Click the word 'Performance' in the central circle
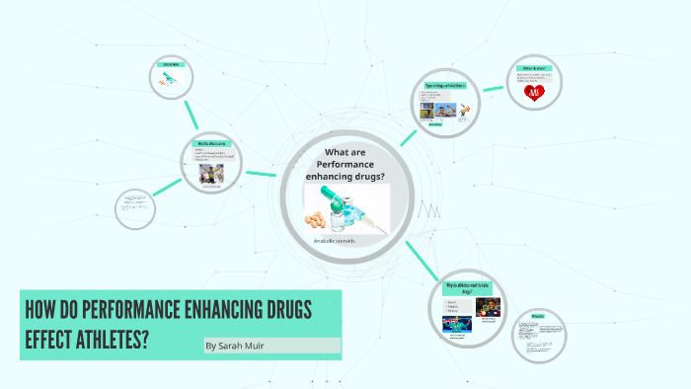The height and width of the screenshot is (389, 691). (351, 163)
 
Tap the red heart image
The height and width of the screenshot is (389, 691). (535, 93)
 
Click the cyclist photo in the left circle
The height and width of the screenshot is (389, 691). (211, 174)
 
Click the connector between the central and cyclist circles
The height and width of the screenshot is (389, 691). (260, 175)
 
